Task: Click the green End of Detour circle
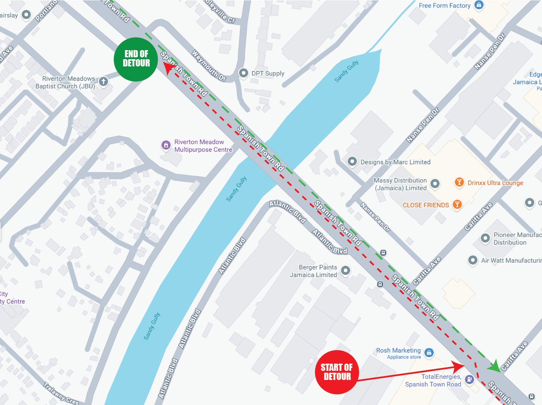click(136, 59)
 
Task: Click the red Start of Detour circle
click(337, 372)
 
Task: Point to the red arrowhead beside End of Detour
click(169, 68)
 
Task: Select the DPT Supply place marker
click(244, 73)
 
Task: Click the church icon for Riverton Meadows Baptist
click(104, 82)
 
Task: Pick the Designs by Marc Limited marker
click(352, 162)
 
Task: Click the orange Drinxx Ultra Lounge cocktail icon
click(459, 183)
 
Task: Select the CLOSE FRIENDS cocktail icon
click(457, 205)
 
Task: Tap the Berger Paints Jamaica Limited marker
click(346, 271)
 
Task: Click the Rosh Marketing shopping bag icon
click(429, 352)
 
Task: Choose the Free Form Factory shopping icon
click(479, 5)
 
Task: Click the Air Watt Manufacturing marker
click(473, 260)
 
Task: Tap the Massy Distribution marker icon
click(435, 184)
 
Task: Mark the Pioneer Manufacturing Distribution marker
click(485, 238)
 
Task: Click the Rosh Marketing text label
click(398, 350)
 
